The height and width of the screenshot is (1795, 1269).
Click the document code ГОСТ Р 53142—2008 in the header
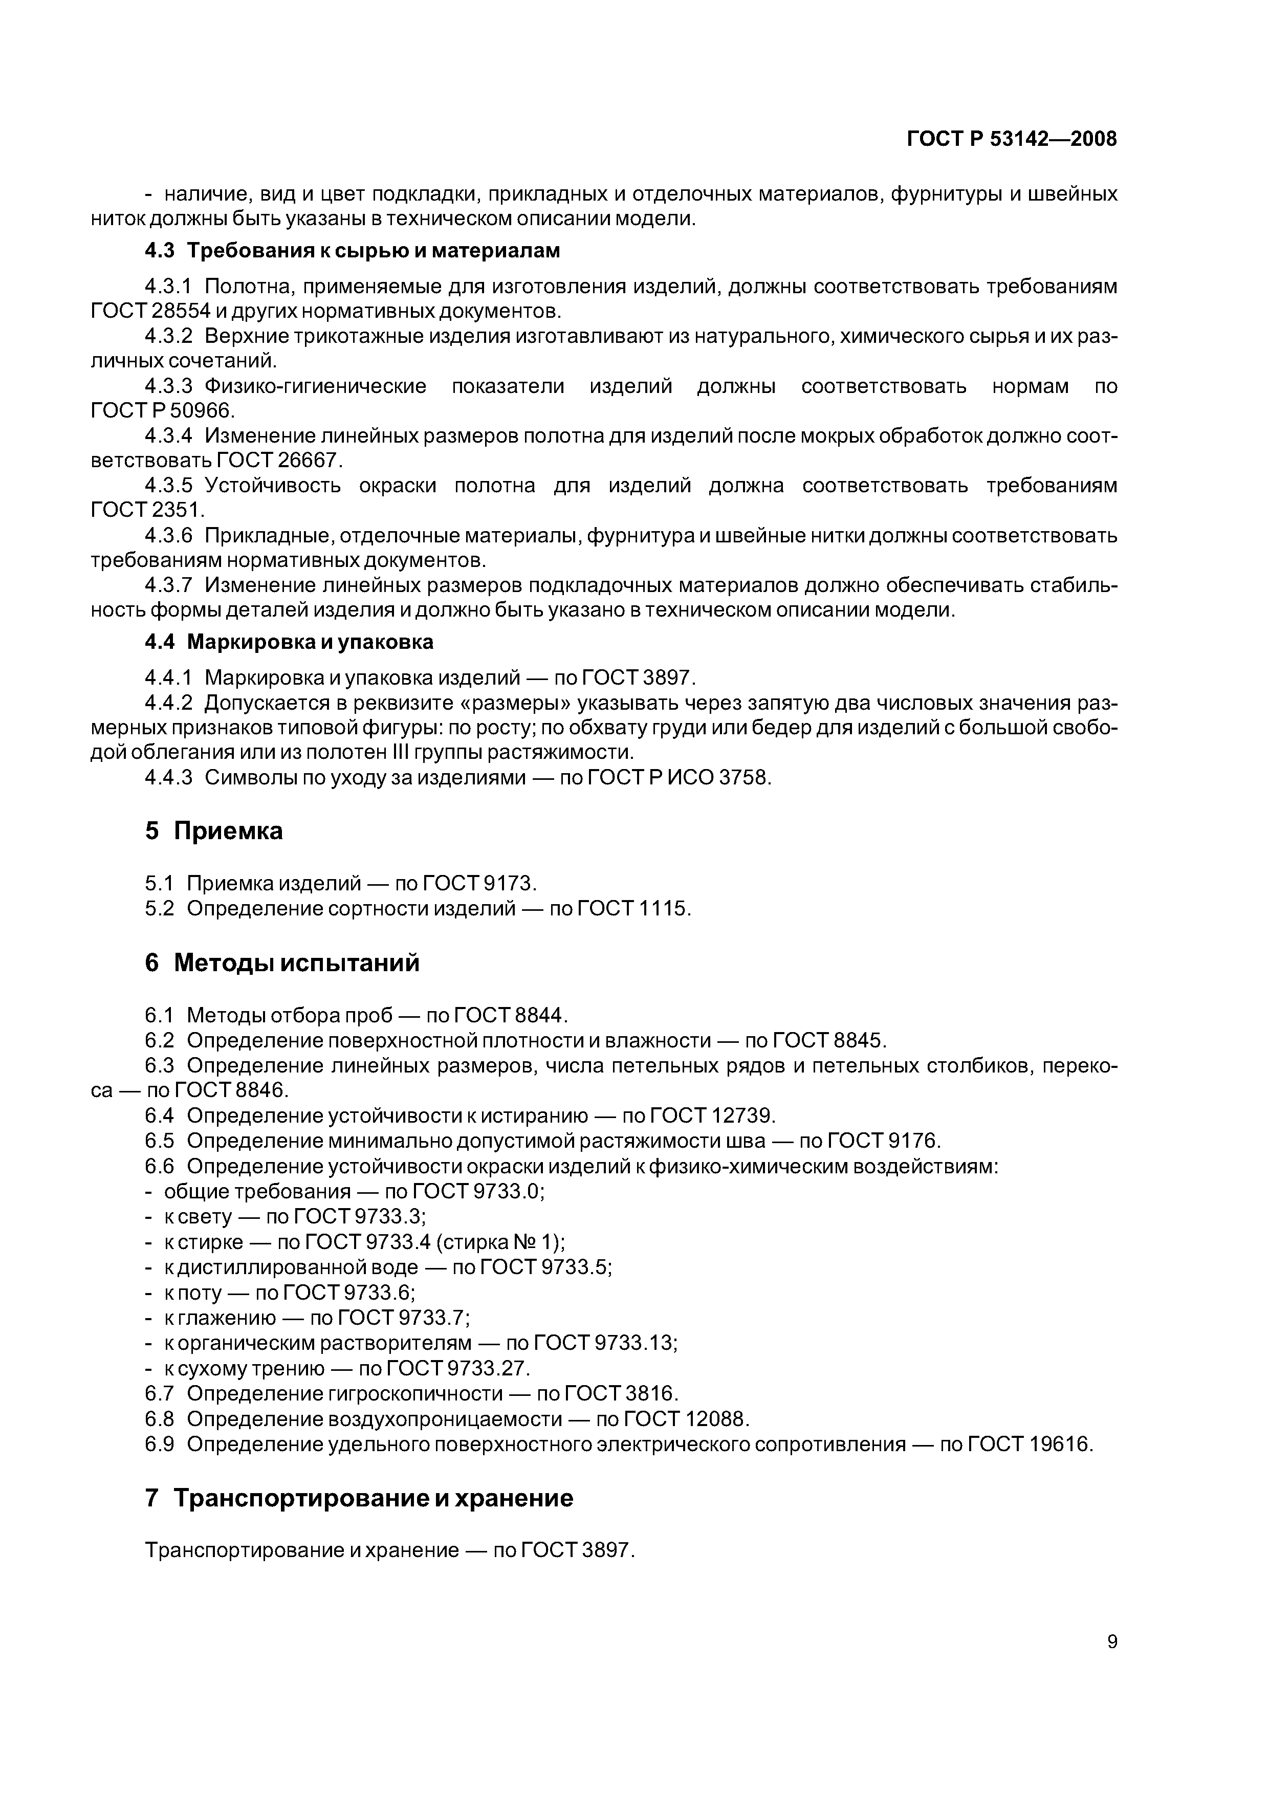click(1011, 139)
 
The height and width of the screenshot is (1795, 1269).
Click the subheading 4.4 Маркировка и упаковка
click(289, 643)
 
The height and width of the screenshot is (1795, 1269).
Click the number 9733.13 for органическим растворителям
click(635, 1343)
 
